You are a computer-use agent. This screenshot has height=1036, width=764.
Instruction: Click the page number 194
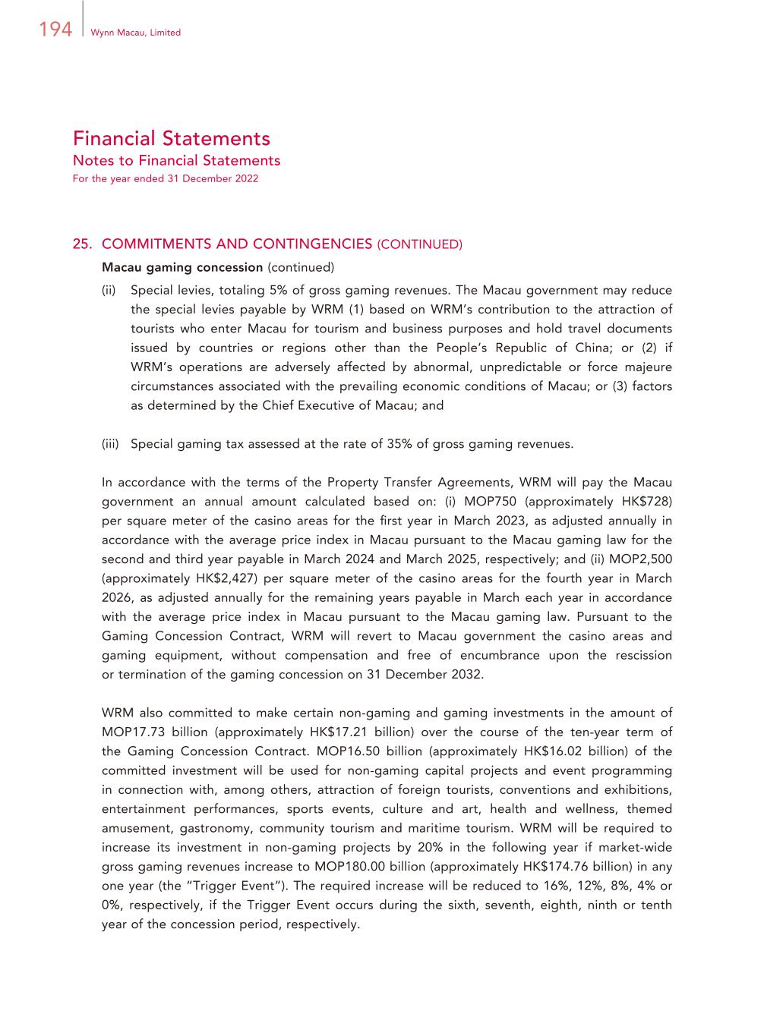coord(55,30)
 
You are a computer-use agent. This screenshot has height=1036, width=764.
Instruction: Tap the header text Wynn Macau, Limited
coord(135,33)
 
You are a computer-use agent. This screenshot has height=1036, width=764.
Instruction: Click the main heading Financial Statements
coord(172,139)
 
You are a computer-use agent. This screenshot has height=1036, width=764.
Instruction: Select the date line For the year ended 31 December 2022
coord(166,179)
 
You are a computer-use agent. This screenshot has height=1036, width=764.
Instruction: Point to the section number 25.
coord(82,244)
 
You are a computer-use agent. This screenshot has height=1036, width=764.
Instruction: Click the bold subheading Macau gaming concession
coord(182,267)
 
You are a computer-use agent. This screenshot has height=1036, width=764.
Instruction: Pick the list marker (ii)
coord(109,291)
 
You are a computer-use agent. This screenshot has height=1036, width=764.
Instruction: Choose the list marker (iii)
coord(111,444)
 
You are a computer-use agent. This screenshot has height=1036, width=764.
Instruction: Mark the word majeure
coord(647,367)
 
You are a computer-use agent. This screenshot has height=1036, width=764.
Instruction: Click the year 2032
coord(466,675)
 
